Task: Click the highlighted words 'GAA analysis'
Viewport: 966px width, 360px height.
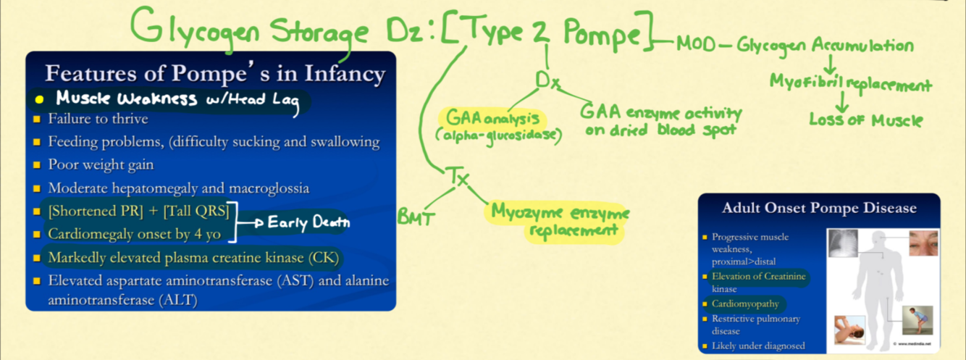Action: click(492, 117)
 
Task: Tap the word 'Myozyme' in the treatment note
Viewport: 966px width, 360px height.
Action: click(528, 212)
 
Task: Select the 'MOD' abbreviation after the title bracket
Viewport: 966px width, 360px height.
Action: click(696, 46)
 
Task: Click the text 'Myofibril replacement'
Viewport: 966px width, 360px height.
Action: click(850, 84)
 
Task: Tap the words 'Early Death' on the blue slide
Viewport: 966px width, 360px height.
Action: click(308, 223)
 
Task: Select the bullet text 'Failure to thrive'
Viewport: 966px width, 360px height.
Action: click(98, 119)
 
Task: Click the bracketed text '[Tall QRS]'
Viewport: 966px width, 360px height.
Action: click(195, 211)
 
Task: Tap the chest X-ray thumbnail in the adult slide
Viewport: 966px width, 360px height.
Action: click(842, 243)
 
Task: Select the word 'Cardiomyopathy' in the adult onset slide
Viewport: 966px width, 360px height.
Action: click(744, 304)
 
